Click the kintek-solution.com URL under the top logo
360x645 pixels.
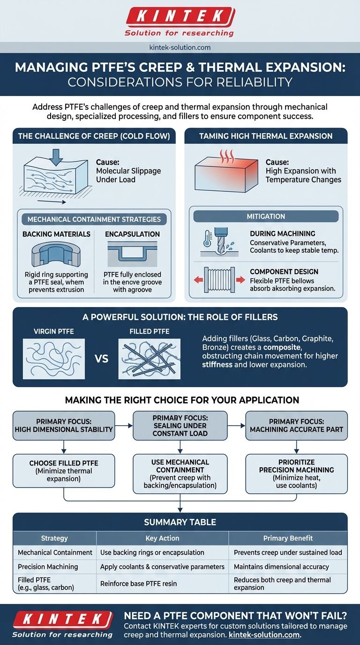180,47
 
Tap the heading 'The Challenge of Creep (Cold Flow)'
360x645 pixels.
94,136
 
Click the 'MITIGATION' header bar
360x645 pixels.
266,217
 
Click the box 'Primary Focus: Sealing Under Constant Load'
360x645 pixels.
180,425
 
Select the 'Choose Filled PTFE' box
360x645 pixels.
64,471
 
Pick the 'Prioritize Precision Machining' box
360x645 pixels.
296,473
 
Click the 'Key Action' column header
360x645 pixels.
162,538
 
